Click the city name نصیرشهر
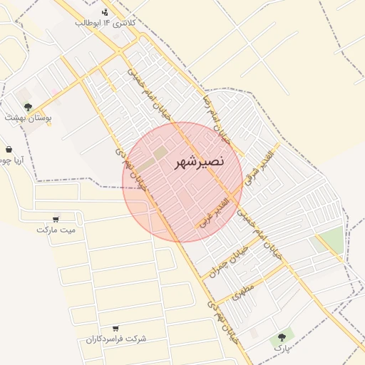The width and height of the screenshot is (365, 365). (x=199, y=162)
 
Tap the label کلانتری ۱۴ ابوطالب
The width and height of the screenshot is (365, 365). (x=108, y=23)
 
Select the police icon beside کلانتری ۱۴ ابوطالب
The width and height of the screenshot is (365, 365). (x=106, y=11)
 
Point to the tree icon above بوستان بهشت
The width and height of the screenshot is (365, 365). (x=28, y=107)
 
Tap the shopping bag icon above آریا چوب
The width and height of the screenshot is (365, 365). (x=9, y=150)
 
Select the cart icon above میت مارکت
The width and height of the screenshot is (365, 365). (x=56, y=219)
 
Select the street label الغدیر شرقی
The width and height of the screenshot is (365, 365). (x=259, y=168)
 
